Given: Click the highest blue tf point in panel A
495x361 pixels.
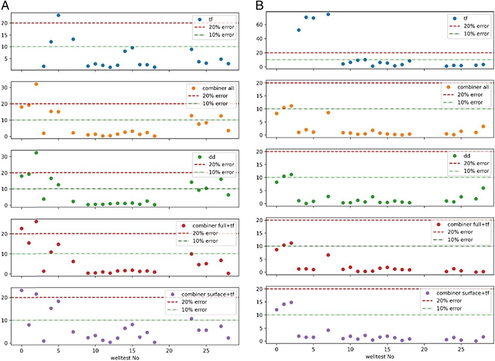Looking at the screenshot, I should click(x=58, y=15).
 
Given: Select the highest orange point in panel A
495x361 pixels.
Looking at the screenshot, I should click(x=36, y=84).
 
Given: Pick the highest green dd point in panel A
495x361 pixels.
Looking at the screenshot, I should click(x=36, y=153).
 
